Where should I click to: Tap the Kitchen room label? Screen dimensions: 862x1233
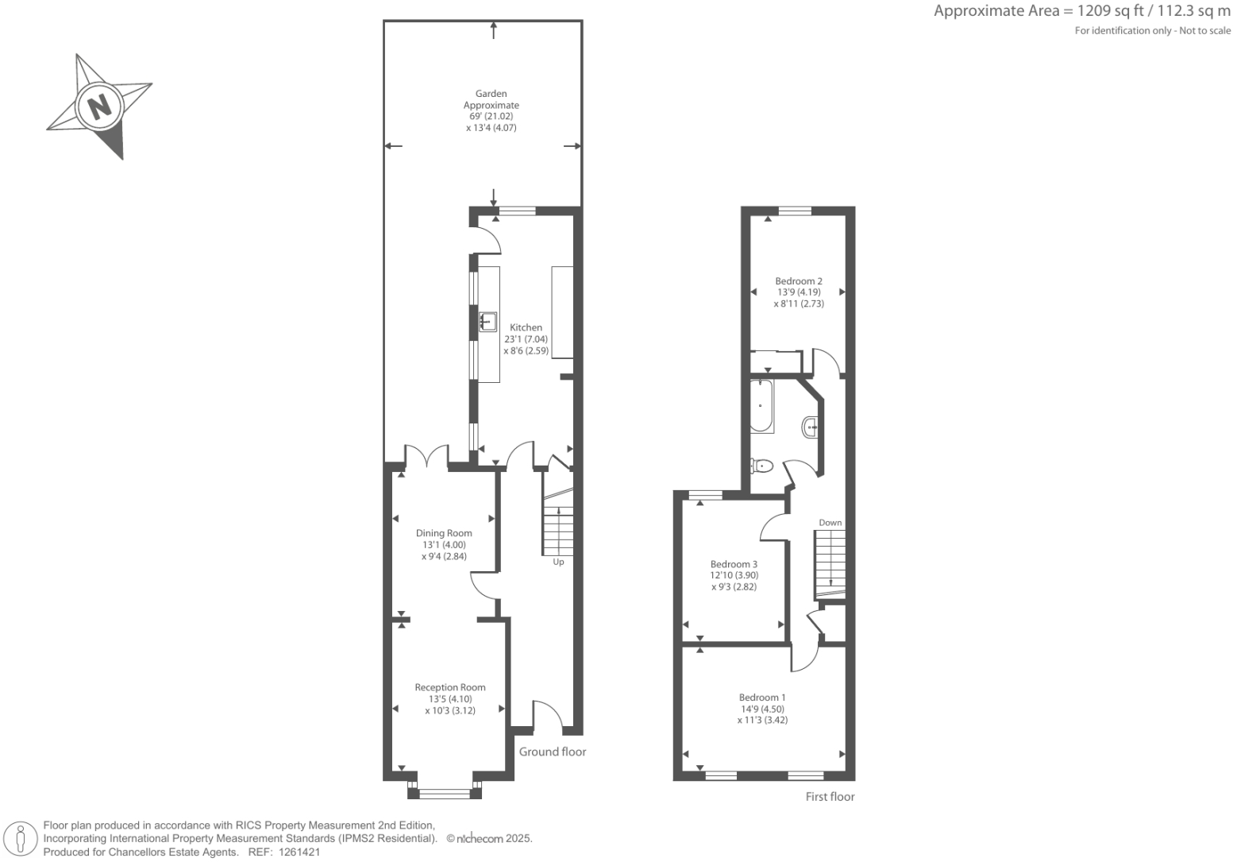coord(526,327)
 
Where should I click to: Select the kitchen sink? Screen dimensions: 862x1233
coord(487,321)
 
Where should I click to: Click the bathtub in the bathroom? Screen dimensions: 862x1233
coord(761,406)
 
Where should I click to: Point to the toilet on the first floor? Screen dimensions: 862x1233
coord(761,466)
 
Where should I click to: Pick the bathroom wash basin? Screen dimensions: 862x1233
coord(811,427)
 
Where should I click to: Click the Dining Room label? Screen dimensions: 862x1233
coord(444,533)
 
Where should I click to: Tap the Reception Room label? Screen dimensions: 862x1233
coord(450,687)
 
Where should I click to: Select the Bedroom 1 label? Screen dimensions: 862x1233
coord(762,698)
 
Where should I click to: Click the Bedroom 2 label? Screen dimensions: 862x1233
coord(799,280)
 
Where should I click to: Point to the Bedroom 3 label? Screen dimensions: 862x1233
coord(734,564)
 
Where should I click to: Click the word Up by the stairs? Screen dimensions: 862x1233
coord(558,562)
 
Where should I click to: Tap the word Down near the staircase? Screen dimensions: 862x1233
coord(830,523)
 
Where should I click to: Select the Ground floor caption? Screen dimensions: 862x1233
coord(553,752)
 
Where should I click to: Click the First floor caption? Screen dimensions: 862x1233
coord(830,796)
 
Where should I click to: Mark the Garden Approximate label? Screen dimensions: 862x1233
coord(491,99)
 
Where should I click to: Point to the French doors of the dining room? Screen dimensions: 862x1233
coord(427,458)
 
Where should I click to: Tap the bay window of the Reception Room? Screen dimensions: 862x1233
coord(445,790)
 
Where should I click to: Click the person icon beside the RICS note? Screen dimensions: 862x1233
coord(21,839)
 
